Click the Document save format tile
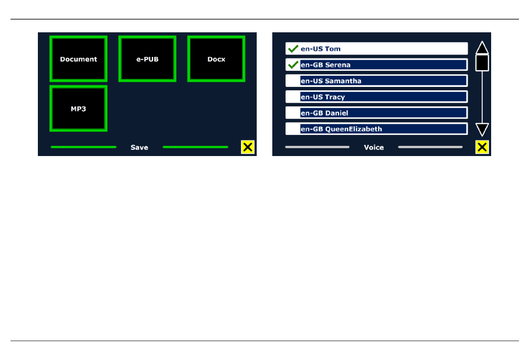(79, 59)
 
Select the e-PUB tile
(148, 59)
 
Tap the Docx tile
(216, 59)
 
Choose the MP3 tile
(79, 109)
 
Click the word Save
(139, 148)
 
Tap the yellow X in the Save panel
(248, 147)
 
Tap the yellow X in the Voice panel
(482, 147)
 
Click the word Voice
(374, 148)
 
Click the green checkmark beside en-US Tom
(293, 49)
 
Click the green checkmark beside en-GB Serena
(293, 65)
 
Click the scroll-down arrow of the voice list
(482, 130)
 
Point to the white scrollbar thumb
(482, 62)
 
